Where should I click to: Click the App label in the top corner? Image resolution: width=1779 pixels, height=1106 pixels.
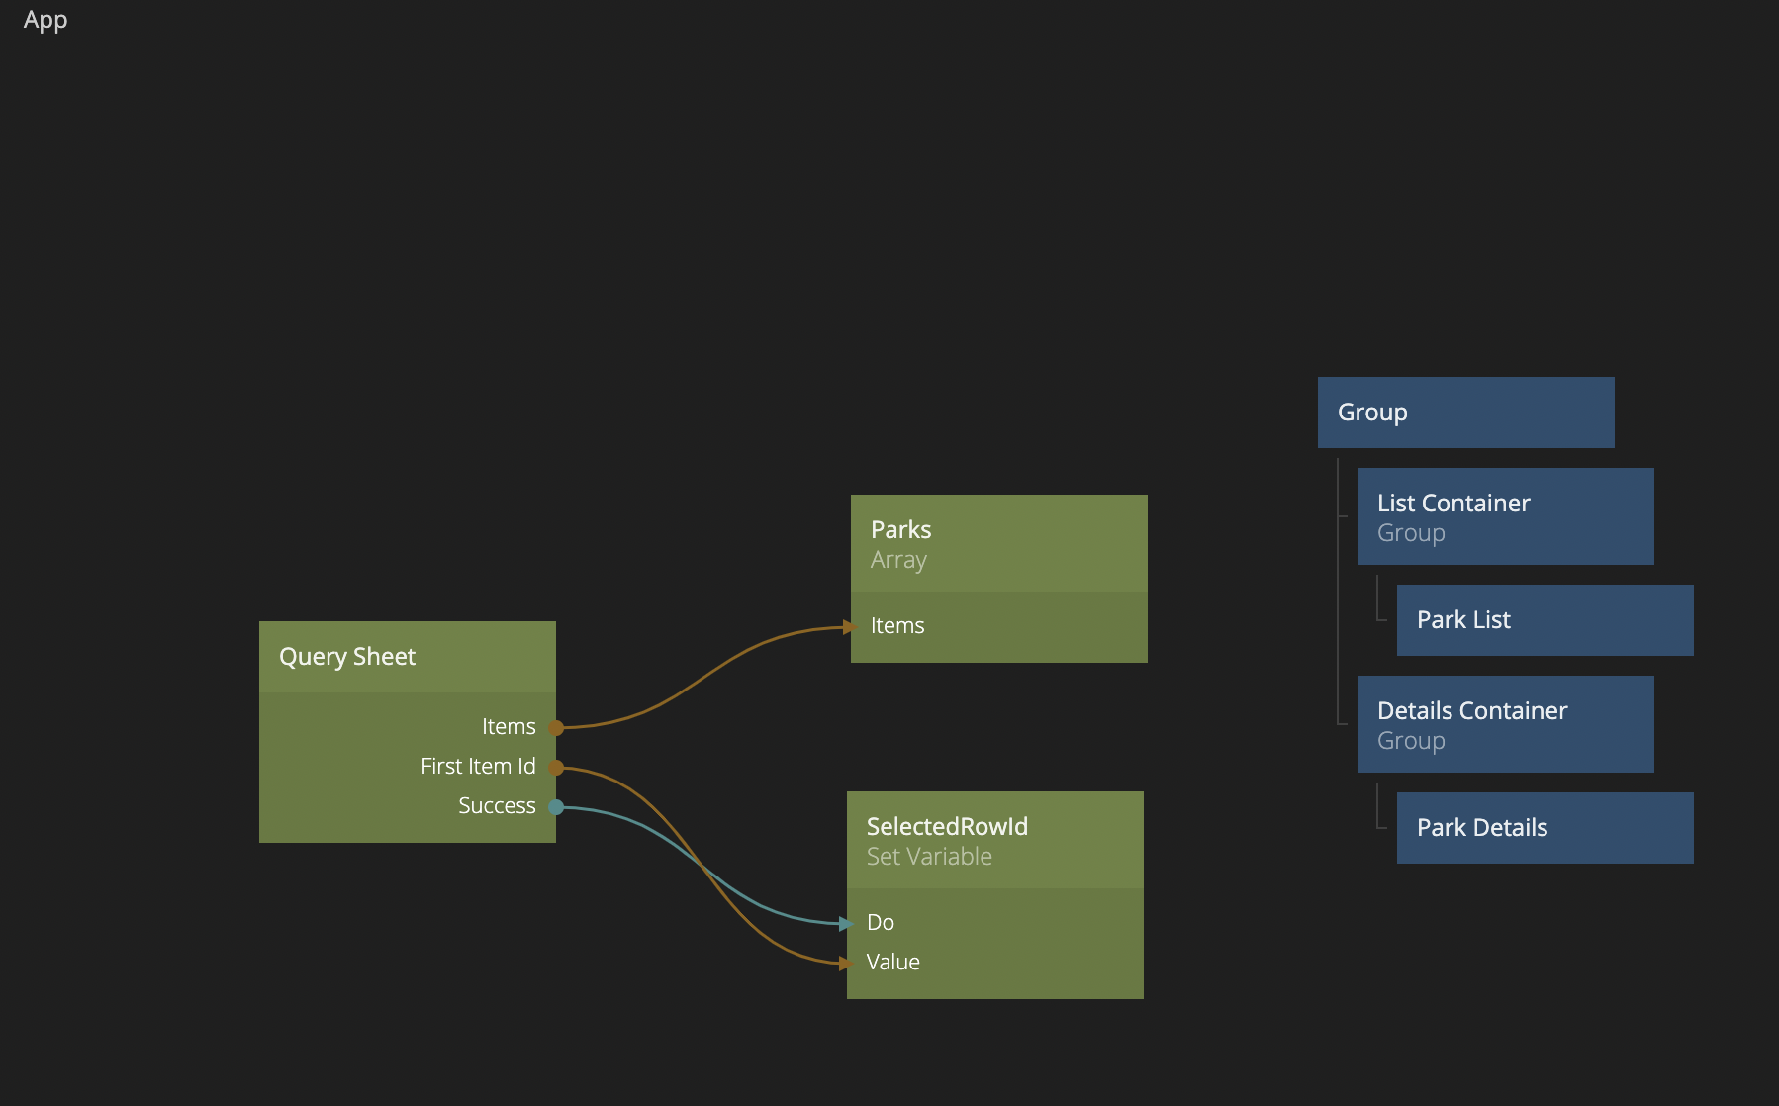pos(46,21)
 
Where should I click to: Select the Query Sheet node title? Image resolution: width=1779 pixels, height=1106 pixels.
pos(347,657)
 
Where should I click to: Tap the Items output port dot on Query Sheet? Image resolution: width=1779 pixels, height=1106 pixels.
pos(556,728)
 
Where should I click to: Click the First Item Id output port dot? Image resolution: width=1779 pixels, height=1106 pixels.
pos(556,768)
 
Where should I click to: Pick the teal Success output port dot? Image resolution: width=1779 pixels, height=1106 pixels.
pos(556,807)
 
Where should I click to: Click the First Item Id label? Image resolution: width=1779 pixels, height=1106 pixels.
pos(478,767)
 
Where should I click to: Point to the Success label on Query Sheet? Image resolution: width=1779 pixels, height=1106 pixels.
pos(497,806)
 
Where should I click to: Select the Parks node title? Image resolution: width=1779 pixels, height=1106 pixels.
pos(900,530)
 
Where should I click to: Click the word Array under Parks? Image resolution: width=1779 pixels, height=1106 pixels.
pos(898,560)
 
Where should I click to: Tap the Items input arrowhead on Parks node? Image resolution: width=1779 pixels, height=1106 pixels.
pos(849,627)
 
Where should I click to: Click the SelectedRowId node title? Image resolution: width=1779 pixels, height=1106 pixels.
pos(947,827)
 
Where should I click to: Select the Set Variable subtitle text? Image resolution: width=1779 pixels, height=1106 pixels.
pos(929,857)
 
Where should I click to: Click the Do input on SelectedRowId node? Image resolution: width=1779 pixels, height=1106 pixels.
pos(881,923)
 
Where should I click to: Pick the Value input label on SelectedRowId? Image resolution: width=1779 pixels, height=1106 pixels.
pos(892,963)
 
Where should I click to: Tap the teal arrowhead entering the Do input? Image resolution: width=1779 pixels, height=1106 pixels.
pos(845,924)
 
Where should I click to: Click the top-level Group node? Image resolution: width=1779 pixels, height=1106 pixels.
pos(1465,413)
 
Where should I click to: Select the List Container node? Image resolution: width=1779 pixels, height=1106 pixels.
pos(1505,516)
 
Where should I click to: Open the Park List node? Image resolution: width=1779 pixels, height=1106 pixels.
pos(1545,620)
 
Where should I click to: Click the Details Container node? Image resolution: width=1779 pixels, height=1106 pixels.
pos(1505,724)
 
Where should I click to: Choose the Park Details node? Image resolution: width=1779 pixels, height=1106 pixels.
pos(1545,828)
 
